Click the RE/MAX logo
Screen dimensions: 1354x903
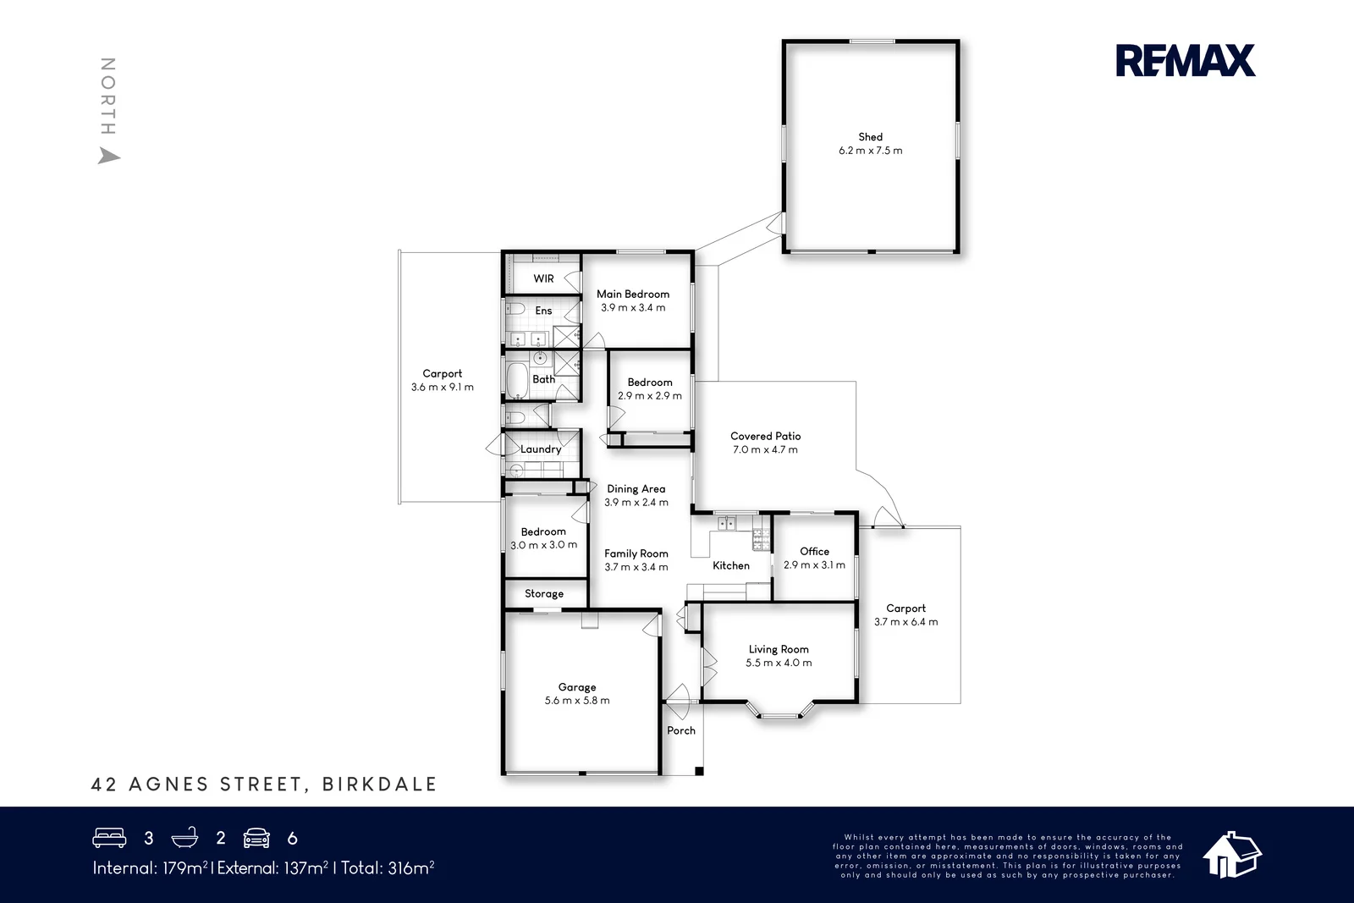pyautogui.click(x=1186, y=60)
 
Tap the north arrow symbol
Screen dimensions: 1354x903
pyautogui.click(x=109, y=156)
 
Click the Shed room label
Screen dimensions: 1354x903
pyautogui.click(x=871, y=137)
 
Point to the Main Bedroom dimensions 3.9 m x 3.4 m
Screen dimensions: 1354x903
pyautogui.click(x=633, y=308)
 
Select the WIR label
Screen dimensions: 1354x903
pyautogui.click(x=543, y=278)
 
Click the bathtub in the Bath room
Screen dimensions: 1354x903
pyautogui.click(x=516, y=380)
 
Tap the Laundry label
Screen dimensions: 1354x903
pyautogui.click(x=541, y=449)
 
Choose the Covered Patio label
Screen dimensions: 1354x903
pyautogui.click(x=765, y=436)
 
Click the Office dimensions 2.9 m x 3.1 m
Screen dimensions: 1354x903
pyautogui.click(x=814, y=565)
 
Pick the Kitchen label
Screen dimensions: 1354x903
pyautogui.click(x=731, y=565)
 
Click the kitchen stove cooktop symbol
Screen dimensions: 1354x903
pyautogui.click(x=761, y=539)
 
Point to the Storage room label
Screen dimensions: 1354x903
pyautogui.click(x=544, y=593)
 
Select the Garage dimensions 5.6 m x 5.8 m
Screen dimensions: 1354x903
pyautogui.click(x=577, y=701)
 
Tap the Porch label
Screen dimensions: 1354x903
pyautogui.click(x=681, y=730)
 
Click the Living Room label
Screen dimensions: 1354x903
pyautogui.click(x=779, y=649)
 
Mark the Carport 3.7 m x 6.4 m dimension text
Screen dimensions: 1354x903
pyautogui.click(x=906, y=622)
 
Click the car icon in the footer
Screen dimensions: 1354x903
pyautogui.click(x=256, y=838)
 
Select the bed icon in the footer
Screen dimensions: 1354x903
pyautogui.click(x=109, y=838)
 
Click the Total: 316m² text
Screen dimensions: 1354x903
pyautogui.click(x=388, y=868)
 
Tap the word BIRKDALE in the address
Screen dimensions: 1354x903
pyautogui.click(x=380, y=784)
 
